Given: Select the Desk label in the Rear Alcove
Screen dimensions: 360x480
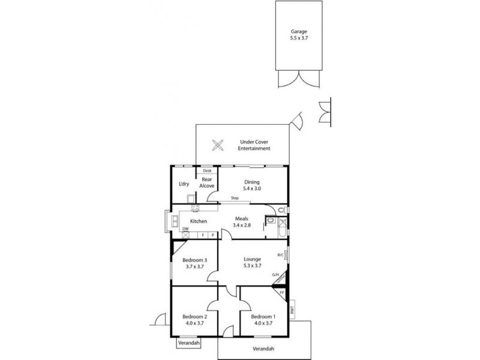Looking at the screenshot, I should click(x=207, y=171).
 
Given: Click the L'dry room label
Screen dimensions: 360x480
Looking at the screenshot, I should click(x=185, y=184).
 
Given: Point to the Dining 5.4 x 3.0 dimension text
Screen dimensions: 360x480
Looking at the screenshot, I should click(x=251, y=188).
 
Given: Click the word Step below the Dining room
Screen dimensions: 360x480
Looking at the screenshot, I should click(x=236, y=199).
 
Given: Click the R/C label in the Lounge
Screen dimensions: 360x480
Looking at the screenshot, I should click(x=280, y=255).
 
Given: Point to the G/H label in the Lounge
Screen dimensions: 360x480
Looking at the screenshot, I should click(x=276, y=275).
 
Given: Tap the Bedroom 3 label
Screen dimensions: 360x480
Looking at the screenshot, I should click(x=195, y=260).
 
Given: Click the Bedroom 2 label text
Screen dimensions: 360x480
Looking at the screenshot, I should click(x=195, y=316).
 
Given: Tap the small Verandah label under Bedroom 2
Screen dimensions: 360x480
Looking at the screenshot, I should click(x=188, y=344).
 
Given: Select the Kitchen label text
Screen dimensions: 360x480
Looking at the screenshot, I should click(x=199, y=221).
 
